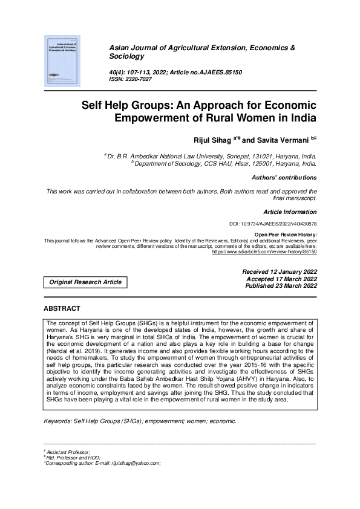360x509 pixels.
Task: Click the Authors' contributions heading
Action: click(284, 178)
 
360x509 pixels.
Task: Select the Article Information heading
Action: click(290, 212)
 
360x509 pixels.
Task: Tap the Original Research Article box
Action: click(85, 282)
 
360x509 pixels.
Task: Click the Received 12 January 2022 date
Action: click(279, 273)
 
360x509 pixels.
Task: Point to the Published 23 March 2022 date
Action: click(280, 286)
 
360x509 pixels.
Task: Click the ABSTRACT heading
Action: click(62, 308)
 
